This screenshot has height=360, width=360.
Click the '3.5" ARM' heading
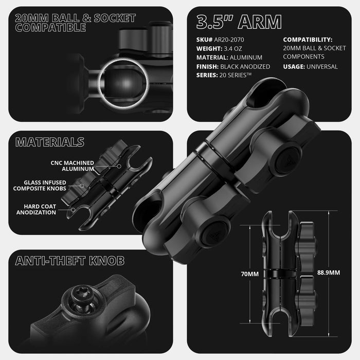point(239,22)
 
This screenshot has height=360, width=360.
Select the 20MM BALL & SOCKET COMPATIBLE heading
point(75,23)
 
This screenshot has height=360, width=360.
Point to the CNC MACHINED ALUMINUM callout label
point(72,166)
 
